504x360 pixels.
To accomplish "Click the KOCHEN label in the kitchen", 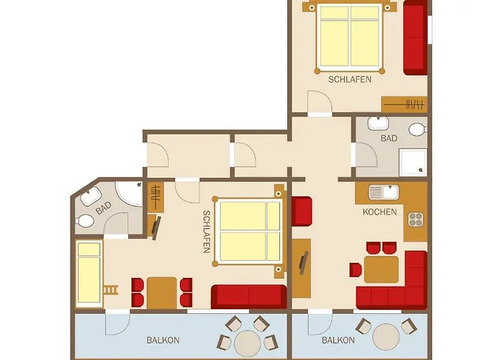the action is [x=379, y=212].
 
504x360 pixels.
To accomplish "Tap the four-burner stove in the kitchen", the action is [x=415, y=220].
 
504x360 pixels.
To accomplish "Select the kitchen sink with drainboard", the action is [x=384, y=192].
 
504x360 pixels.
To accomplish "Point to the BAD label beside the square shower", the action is [x=389, y=138].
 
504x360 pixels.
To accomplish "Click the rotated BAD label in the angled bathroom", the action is [x=104, y=208].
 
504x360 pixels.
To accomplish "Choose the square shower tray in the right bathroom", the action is [x=413, y=162].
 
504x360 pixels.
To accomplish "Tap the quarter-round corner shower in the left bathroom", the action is [x=129, y=193].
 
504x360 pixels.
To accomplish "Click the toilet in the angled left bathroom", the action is [x=85, y=221].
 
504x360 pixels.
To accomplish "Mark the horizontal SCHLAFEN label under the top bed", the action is [x=350, y=79].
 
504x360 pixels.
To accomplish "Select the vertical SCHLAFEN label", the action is [x=207, y=232].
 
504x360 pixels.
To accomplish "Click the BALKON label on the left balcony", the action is [x=163, y=340].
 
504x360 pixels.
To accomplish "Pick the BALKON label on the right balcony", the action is [x=338, y=340].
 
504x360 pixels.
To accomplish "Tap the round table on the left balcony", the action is [x=248, y=343].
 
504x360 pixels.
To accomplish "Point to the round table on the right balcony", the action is [x=386, y=336].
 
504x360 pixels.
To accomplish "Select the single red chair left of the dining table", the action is [x=356, y=270].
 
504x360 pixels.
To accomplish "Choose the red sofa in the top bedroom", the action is [x=415, y=38].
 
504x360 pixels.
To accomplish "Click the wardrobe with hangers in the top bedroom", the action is [x=405, y=104].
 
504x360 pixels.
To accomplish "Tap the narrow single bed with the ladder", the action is [x=89, y=273].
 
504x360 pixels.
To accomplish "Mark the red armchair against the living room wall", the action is [x=302, y=211].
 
